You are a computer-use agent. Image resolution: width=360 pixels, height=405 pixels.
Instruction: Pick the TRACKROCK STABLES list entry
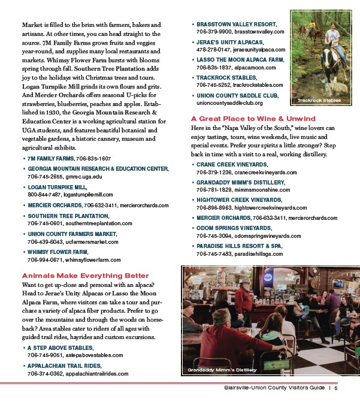(226, 77)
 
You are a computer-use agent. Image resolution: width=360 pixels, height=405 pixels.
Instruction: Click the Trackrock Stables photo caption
(319, 100)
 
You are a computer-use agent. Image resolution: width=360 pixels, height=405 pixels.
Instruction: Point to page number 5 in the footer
(337, 388)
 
